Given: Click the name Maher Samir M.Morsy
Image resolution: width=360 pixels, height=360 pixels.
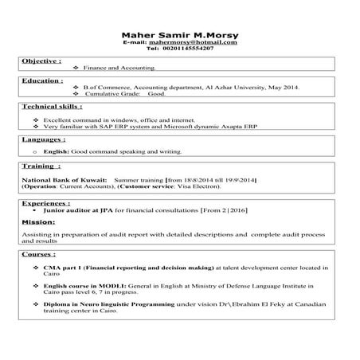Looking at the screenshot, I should click(x=180, y=34).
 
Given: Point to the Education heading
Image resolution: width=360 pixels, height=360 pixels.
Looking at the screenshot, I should click(x=43, y=80).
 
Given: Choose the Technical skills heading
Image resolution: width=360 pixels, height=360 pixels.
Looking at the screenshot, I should click(x=52, y=106).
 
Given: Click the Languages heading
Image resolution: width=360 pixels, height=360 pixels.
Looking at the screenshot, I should click(x=44, y=139).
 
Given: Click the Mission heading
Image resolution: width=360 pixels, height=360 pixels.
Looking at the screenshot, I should click(x=39, y=221).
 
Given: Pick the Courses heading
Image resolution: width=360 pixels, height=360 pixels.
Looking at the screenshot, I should click(x=39, y=255).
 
